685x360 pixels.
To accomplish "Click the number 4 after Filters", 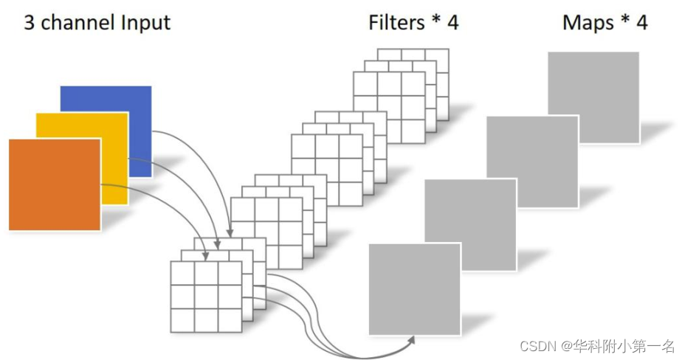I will [452, 22].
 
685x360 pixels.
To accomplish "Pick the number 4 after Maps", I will [641, 22].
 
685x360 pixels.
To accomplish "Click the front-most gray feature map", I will [414, 288].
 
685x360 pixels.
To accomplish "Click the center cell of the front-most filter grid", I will [206, 296].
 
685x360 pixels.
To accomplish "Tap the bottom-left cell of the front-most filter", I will [182, 319].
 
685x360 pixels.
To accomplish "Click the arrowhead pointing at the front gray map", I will [410, 340].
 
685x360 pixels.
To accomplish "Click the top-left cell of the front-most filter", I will [182, 273].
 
